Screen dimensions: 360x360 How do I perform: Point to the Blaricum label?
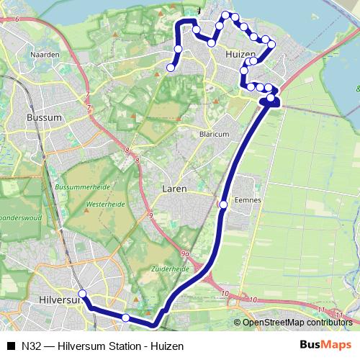coord(215,134)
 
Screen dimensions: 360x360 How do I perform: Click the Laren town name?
coord(174,189)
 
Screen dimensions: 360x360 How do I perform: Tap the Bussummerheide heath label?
coord(89,186)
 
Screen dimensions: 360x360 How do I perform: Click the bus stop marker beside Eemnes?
coord(223,205)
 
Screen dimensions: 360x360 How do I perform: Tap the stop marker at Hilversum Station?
coord(82,294)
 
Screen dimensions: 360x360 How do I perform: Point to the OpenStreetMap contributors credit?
coord(297,323)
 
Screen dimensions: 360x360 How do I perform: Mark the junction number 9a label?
coord(185,254)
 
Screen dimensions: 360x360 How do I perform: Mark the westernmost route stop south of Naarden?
coord(171,68)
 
